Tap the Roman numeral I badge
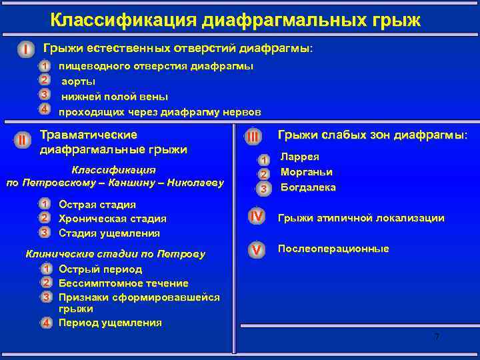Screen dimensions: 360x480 (25, 50)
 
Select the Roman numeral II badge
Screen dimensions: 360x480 (22, 140)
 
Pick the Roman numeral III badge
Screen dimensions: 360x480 (253, 137)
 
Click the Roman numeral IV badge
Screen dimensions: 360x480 (256, 217)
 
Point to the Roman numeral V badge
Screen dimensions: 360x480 (256, 249)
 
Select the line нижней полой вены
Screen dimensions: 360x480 (115, 95)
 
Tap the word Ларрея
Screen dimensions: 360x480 (299, 158)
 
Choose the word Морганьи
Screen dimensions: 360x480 (307, 173)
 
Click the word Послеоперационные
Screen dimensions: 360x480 (333, 249)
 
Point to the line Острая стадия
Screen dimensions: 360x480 (97, 204)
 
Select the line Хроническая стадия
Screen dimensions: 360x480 (113, 218)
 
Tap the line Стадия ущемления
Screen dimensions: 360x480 (109, 233)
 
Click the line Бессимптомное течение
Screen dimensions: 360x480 (123, 283)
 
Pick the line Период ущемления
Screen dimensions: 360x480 (110, 323)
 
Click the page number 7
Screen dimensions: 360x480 (437, 337)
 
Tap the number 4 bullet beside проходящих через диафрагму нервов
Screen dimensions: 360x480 (44, 109)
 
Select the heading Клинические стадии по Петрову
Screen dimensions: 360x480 (115, 254)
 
